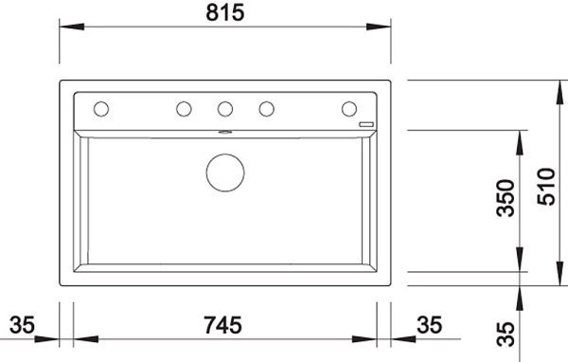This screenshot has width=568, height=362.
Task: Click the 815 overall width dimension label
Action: point(225,12)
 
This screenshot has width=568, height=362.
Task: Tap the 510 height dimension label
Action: point(546,187)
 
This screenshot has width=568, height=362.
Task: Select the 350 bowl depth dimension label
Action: point(506,198)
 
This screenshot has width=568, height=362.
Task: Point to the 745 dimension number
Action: point(222,325)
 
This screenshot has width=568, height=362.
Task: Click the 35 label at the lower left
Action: point(22,325)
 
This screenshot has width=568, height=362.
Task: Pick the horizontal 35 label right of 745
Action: point(429,325)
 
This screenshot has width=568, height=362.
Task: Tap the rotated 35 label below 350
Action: point(506,335)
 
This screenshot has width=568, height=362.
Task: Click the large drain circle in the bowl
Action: point(225,172)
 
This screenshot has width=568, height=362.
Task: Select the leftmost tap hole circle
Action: point(101,109)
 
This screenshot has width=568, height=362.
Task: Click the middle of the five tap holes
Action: point(225,109)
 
